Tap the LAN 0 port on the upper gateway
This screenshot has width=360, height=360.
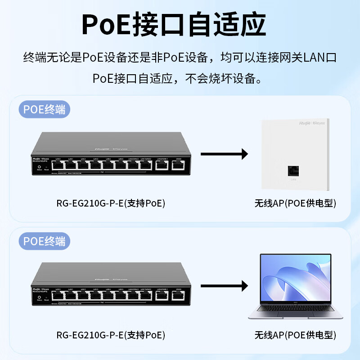point(58,165)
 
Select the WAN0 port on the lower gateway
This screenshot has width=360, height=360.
point(178,295)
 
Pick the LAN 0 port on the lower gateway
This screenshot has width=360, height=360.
point(58,296)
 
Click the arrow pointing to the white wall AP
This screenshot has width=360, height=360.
point(224,154)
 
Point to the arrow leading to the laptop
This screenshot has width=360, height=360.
point(224,285)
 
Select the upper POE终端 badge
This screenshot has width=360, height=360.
point(45,110)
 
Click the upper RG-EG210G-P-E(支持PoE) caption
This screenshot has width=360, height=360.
point(111,203)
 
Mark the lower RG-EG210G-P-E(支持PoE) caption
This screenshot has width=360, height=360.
point(111,335)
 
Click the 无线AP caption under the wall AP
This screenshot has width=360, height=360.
point(295,203)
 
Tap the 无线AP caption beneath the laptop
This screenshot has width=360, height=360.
point(295,335)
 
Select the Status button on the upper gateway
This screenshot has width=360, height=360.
point(40,167)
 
